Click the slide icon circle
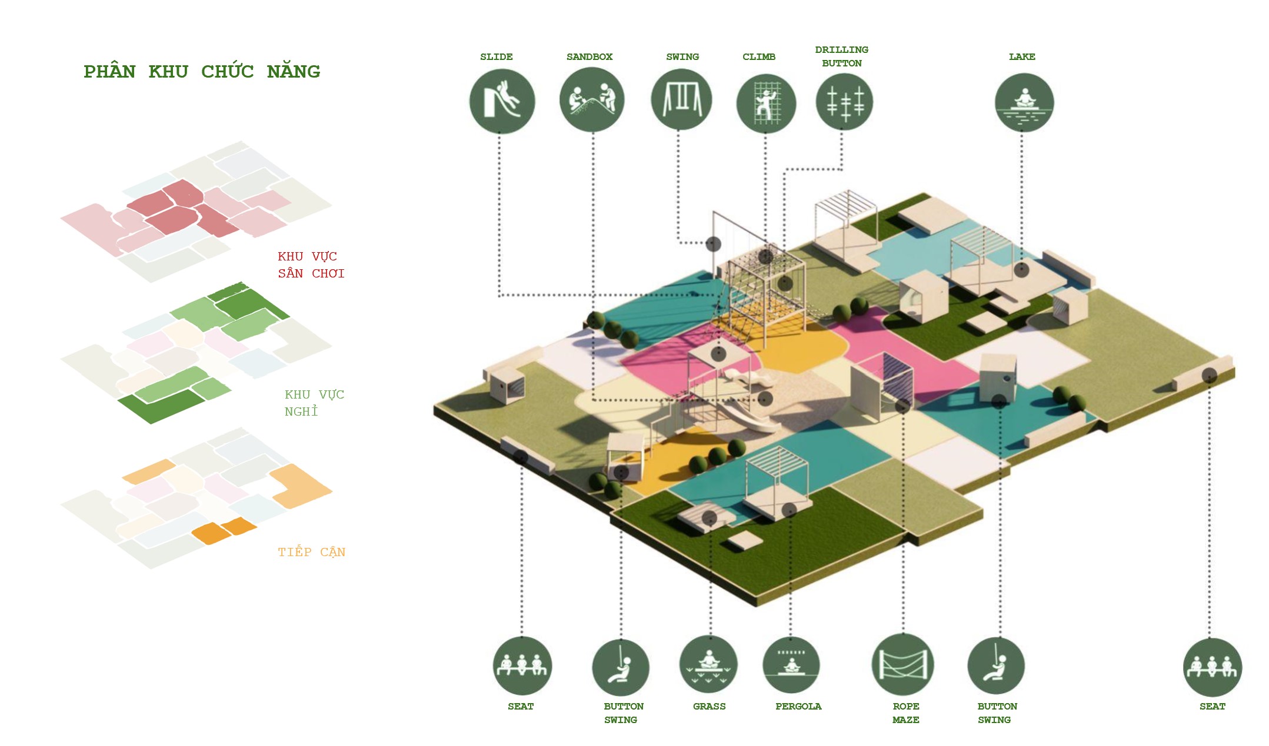502,101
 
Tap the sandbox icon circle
591,99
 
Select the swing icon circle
681,99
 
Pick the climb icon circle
766,103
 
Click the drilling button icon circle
844,102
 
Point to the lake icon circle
1024,102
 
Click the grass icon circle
708,664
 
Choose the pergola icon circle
791,665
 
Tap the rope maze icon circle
902,664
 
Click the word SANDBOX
589,57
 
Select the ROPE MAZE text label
905,712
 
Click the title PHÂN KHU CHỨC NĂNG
202,72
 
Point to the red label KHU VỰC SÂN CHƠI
311,265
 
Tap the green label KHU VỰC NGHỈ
314,403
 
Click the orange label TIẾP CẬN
311,552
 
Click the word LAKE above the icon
1022,57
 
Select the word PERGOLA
798,706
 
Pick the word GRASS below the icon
709,706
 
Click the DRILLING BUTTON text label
841,56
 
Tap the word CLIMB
758,57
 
